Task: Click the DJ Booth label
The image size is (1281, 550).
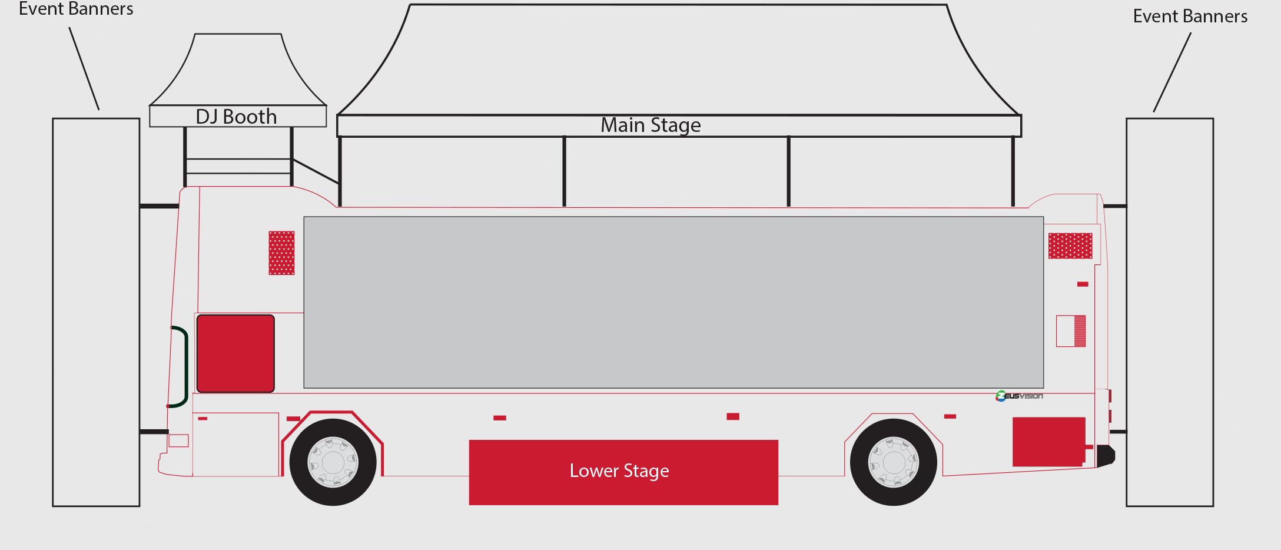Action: pyautogui.click(x=236, y=117)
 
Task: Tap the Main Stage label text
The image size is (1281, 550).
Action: pyautogui.click(x=651, y=125)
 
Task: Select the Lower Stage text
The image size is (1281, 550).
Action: pyautogui.click(x=619, y=471)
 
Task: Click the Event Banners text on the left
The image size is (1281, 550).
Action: pyautogui.click(x=76, y=9)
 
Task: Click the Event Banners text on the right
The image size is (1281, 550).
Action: pyautogui.click(x=1190, y=16)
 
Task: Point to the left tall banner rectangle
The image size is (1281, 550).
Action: pyautogui.click(x=96, y=312)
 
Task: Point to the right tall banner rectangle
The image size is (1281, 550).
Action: pyautogui.click(x=1170, y=312)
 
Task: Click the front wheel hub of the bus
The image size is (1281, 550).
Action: pyautogui.click(x=333, y=462)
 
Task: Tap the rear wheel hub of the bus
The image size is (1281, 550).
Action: pyautogui.click(x=893, y=462)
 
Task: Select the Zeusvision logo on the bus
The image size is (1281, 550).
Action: pyautogui.click(x=1019, y=396)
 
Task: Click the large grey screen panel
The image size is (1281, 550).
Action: pyautogui.click(x=673, y=302)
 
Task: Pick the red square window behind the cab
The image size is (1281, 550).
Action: pyautogui.click(x=235, y=353)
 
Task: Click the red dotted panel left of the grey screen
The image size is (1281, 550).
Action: pyautogui.click(x=281, y=253)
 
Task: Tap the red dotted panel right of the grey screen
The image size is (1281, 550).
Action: pyautogui.click(x=1070, y=246)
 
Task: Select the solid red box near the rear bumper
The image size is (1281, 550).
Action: pyautogui.click(x=1048, y=442)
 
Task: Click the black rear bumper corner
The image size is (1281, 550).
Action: pyautogui.click(x=1106, y=456)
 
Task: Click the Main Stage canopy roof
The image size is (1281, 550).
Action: pyautogui.click(x=679, y=59)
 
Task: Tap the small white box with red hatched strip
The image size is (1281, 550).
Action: pyautogui.click(x=1071, y=331)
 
